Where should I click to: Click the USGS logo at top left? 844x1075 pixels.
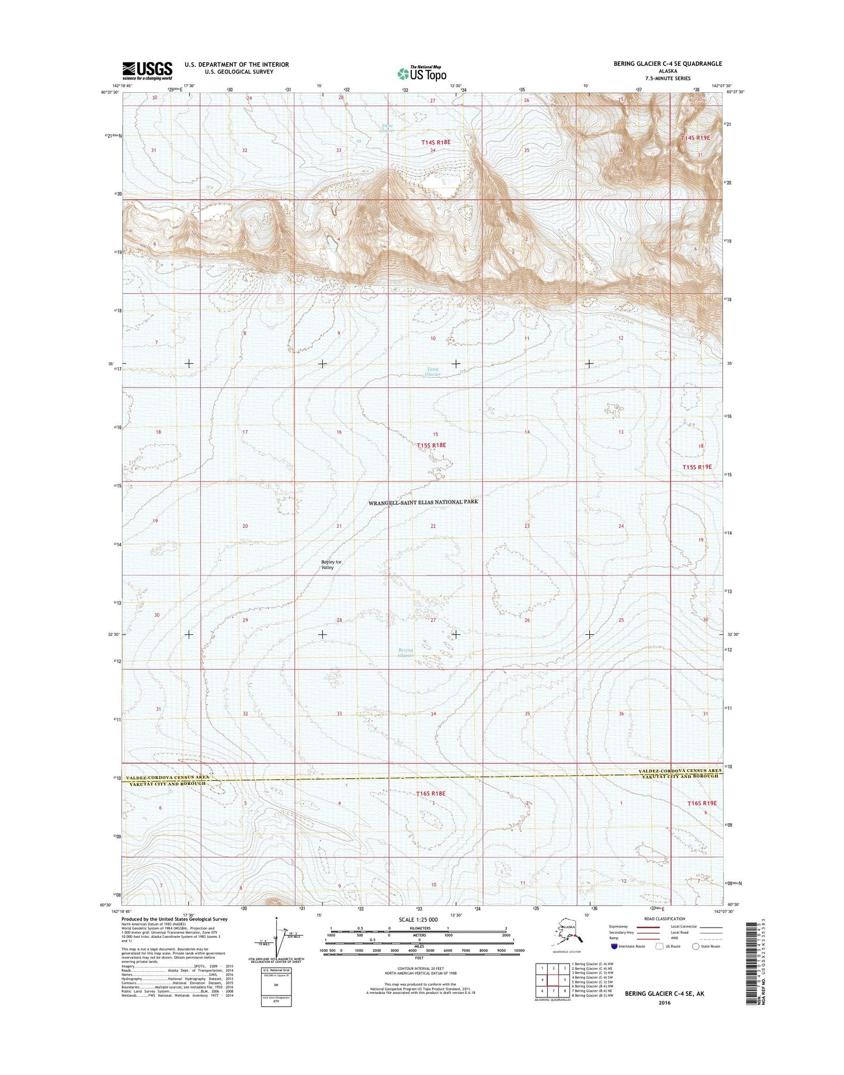147,71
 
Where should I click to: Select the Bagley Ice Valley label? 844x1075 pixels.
331,564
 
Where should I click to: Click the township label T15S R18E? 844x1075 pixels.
432,445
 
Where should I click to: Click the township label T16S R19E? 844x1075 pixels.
701,803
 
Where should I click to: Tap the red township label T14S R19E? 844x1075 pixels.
696,138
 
